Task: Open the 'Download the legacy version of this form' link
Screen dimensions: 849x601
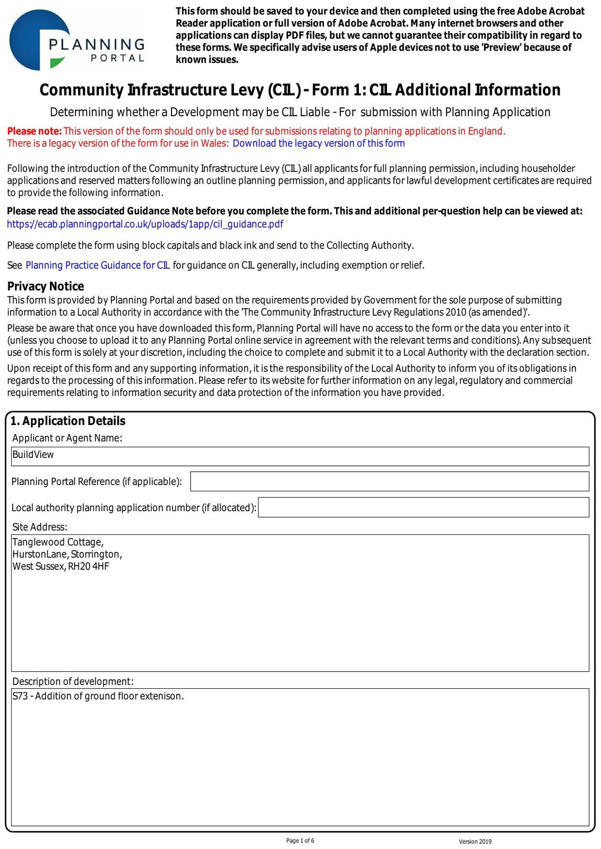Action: (x=319, y=143)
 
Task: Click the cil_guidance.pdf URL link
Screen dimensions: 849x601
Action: (x=145, y=224)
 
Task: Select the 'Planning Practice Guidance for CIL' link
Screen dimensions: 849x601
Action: (x=98, y=265)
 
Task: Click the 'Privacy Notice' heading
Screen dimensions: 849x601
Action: (x=46, y=287)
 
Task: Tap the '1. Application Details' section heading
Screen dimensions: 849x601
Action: (x=68, y=421)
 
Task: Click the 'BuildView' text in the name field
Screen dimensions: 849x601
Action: (x=33, y=455)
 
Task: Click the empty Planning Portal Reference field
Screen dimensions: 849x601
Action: (x=389, y=481)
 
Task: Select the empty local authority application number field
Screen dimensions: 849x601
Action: (x=423, y=507)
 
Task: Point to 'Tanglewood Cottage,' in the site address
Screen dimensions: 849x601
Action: (x=58, y=542)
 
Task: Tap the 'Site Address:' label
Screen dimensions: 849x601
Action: (x=40, y=527)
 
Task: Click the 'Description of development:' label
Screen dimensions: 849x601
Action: (x=73, y=681)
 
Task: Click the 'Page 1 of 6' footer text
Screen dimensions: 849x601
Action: (x=300, y=841)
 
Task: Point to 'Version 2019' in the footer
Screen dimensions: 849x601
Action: (x=475, y=842)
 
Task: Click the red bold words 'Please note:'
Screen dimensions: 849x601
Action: (x=35, y=131)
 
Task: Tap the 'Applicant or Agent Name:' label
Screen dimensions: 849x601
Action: (x=67, y=438)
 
